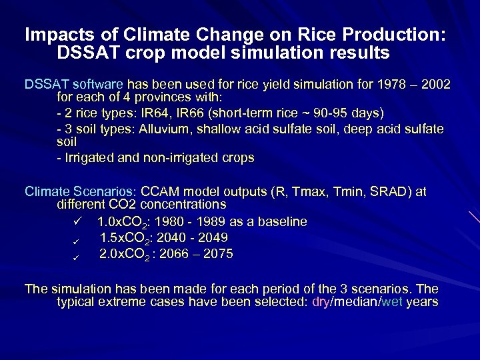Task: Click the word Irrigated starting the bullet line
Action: point(89,158)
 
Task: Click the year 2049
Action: point(213,238)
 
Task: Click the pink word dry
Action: point(321,302)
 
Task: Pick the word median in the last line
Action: point(355,302)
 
